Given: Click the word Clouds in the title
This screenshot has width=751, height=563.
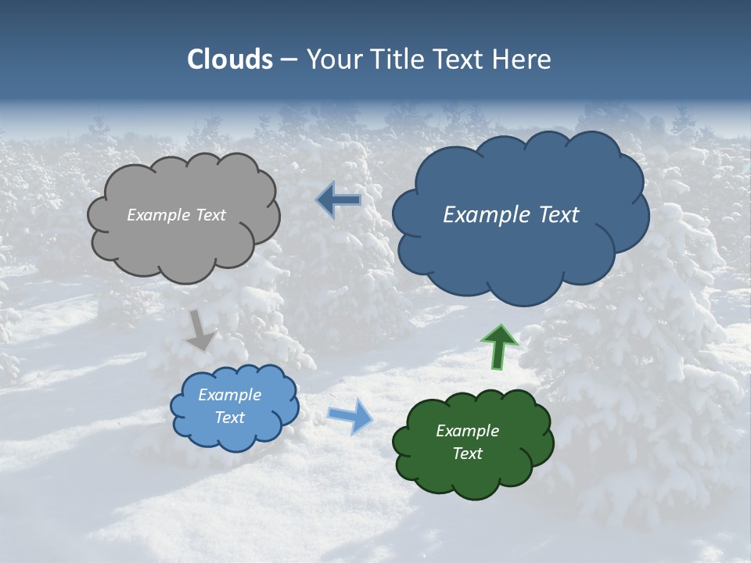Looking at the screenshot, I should [x=230, y=59].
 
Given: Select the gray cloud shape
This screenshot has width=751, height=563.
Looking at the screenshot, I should [x=183, y=242].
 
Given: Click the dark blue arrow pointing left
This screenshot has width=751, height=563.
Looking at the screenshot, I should [x=339, y=200].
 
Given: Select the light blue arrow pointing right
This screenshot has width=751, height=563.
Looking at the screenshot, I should [x=350, y=415].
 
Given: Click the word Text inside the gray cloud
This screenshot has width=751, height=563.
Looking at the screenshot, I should [x=210, y=215].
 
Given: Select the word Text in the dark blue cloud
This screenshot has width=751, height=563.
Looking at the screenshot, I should [x=558, y=215].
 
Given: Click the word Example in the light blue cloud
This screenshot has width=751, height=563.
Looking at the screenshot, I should [x=230, y=395].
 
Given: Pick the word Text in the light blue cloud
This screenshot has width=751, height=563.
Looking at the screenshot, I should [x=230, y=418].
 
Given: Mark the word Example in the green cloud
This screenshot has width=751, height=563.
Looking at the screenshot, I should [x=467, y=431].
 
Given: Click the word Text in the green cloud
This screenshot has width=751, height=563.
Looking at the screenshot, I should [x=467, y=454].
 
